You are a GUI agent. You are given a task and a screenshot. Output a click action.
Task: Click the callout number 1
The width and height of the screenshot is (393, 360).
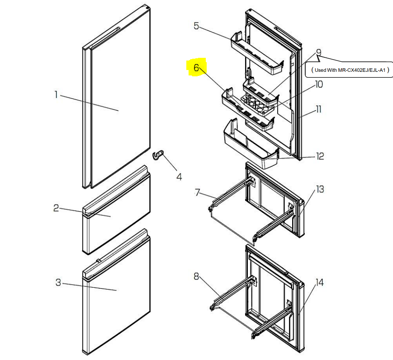[x=56, y=95]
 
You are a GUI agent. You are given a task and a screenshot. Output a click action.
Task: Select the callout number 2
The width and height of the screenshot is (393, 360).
[x=56, y=208]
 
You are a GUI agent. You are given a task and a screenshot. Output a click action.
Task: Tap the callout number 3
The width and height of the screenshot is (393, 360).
[x=58, y=283]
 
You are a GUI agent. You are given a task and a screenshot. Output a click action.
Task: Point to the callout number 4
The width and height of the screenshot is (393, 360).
[x=179, y=177]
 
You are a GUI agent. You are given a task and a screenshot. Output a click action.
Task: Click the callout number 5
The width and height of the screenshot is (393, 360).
[x=196, y=26]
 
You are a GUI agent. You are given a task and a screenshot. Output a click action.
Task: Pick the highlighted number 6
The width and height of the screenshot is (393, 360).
[x=196, y=68]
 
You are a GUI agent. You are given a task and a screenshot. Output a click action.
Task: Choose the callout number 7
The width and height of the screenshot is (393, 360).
[x=197, y=193]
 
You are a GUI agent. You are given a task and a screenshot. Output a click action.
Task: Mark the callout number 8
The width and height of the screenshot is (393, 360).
[x=196, y=276]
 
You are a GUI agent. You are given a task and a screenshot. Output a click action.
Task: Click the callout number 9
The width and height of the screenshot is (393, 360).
[x=318, y=53]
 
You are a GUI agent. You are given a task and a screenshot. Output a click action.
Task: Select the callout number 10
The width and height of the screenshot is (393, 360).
[x=319, y=84]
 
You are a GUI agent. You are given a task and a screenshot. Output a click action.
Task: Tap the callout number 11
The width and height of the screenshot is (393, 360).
[x=318, y=109]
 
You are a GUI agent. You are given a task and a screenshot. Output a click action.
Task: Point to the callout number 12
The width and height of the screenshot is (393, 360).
[x=320, y=156]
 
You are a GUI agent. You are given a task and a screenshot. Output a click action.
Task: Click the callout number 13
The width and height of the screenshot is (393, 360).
[x=320, y=189]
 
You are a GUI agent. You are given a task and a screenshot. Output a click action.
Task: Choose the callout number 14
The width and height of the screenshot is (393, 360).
[x=319, y=283]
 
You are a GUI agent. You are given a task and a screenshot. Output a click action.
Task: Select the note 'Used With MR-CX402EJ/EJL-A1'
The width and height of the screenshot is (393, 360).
[x=350, y=70]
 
